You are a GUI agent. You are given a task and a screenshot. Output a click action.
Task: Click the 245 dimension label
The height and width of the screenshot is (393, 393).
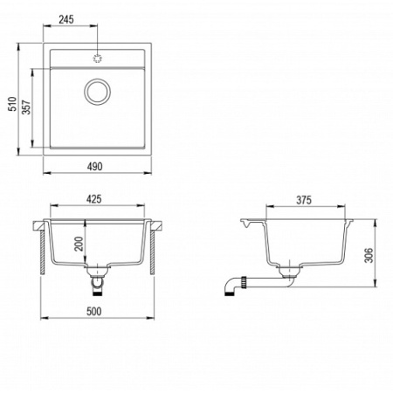click(x=66, y=19)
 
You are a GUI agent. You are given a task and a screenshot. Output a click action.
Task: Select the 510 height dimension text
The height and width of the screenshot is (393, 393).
click(x=12, y=104)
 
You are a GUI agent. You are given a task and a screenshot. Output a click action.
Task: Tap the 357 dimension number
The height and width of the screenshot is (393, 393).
click(x=26, y=107)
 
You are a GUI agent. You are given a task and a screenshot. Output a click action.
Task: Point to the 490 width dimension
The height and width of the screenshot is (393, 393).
click(x=95, y=166)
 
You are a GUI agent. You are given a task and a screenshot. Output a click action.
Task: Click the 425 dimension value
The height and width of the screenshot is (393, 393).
click(x=94, y=199)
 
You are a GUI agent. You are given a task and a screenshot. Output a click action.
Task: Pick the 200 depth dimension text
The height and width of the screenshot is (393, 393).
click(x=79, y=244)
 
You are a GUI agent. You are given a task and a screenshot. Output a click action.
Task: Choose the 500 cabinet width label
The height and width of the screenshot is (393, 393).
click(x=94, y=311)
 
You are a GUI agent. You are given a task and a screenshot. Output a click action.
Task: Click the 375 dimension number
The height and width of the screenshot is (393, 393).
click(x=304, y=200)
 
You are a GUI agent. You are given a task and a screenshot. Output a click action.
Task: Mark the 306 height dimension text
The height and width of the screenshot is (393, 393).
click(x=369, y=255)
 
